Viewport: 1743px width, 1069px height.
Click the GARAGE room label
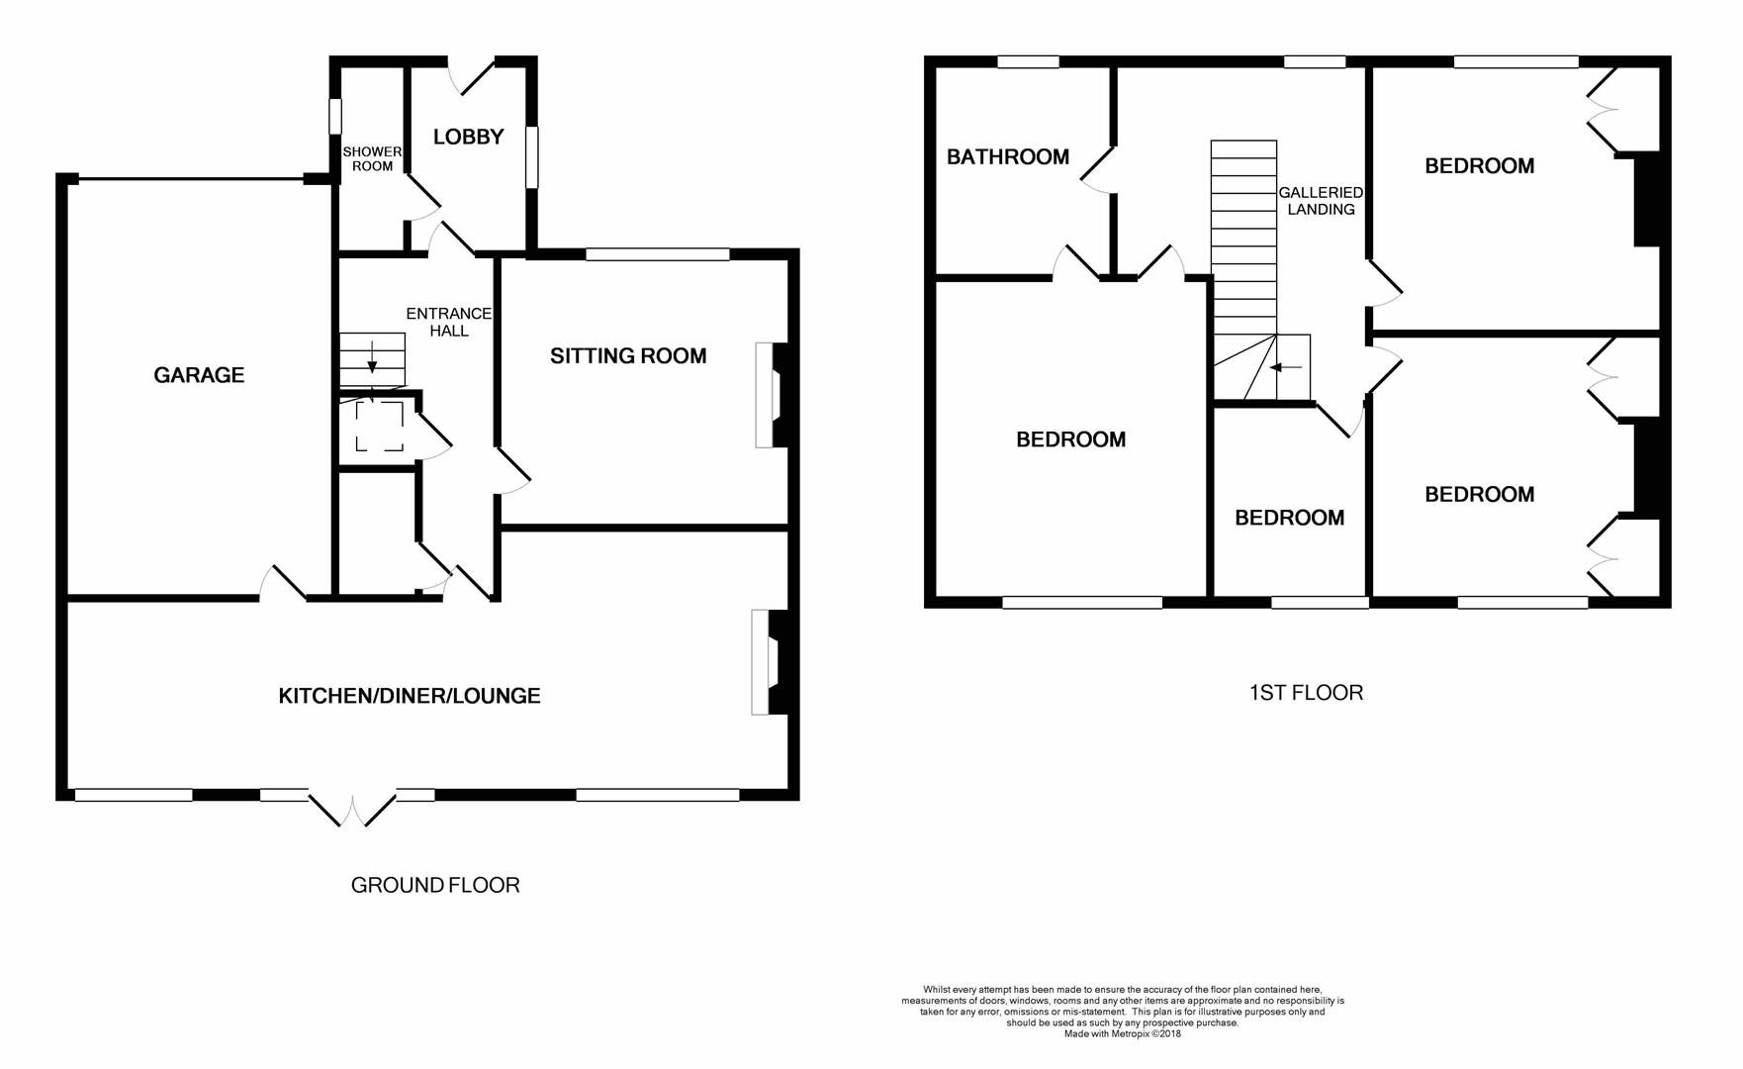pyautogui.click(x=199, y=375)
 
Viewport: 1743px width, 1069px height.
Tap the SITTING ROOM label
pyautogui.click(x=628, y=356)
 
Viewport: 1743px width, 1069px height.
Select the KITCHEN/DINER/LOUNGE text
pyautogui.click(x=410, y=696)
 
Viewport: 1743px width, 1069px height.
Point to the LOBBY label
pyautogui.click(x=469, y=137)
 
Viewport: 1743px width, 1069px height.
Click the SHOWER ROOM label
pyautogui.click(x=372, y=158)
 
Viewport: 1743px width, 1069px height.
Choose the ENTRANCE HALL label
pyautogui.click(x=449, y=322)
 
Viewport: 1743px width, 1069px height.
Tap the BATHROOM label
pyautogui.click(x=1008, y=156)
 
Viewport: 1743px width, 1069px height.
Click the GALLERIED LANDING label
pyautogui.click(x=1321, y=201)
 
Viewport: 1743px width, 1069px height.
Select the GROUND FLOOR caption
pyautogui.click(x=435, y=885)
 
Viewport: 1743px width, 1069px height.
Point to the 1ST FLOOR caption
pyautogui.click(x=1306, y=693)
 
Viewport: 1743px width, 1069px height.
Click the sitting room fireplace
pyautogui.click(x=773, y=395)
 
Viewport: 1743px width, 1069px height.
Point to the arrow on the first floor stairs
pyautogui.click(x=1285, y=367)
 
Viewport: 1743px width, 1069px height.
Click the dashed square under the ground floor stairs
pyautogui.click(x=380, y=427)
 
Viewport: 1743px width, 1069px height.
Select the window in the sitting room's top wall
pyautogui.click(x=658, y=254)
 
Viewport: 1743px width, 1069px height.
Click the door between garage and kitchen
pyautogui.click(x=284, y=583)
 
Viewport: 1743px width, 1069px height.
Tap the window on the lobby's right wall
pyautogui.click(x=531, y=156)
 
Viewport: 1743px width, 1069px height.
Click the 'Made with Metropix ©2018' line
pyautogui.click(x=1123, y=1034)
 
